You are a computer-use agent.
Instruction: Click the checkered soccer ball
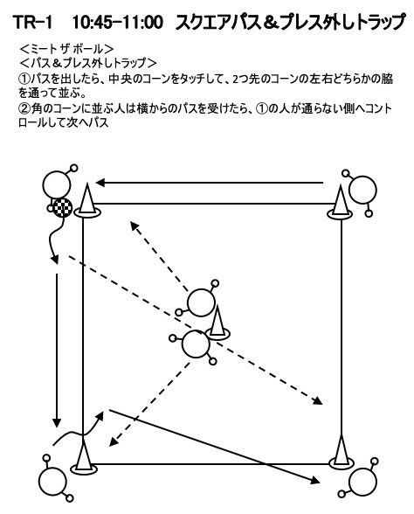coord(62,208)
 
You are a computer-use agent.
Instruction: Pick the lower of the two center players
coord(194,344)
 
